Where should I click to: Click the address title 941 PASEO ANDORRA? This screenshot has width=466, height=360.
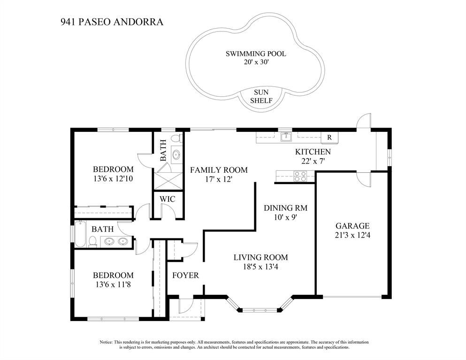pyautogui.click(x=112, y=22)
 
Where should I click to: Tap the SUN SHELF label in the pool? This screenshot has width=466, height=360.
pyautogui.click(x=261, y=96)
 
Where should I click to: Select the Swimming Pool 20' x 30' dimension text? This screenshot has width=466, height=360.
pyautogui.click(x=256, y=62)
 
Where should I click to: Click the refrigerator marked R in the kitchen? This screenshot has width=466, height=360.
pyautogui.click(x=329, y=138)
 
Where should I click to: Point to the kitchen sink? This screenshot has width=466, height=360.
pyautogui.click(x=286, y=137)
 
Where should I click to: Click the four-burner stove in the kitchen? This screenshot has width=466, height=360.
pyautogui.click(x=300, y=176)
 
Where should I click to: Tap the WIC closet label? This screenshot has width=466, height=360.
pyautogui.click(x=168, y=199)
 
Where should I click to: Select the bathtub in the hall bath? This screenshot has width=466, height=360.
pyautogui.click(x=80, y=234)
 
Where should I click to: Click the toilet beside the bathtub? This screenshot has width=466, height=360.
pyautogui.click(x=93, y=241)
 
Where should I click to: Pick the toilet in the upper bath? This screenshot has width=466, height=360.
pyautogui.click(x=176, y=138)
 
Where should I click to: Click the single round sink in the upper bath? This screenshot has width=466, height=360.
pyautogui.click(x=176, y=154)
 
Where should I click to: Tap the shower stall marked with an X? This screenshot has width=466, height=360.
pyautogui.click(x=168, y=180)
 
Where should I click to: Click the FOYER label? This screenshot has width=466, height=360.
pyautogui.click(x=185, y=275)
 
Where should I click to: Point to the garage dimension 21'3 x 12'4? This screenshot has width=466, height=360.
pyautogui.click(x=352, y=235)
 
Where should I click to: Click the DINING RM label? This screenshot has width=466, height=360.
pyautogui.click(x=286, y=208)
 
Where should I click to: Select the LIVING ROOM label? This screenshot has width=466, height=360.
pyautogui.click(x=260, y=257)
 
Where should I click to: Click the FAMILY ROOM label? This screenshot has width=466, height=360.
pyautogui.click(x=219, y=170)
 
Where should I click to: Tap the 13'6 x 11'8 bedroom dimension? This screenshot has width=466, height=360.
pyautogui.click(x=113, y=284)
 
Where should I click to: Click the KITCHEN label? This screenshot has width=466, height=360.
pyautogui.click(x=313, y=152)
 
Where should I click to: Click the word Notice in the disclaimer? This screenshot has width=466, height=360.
pyautogui.click(x=106, y=342)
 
